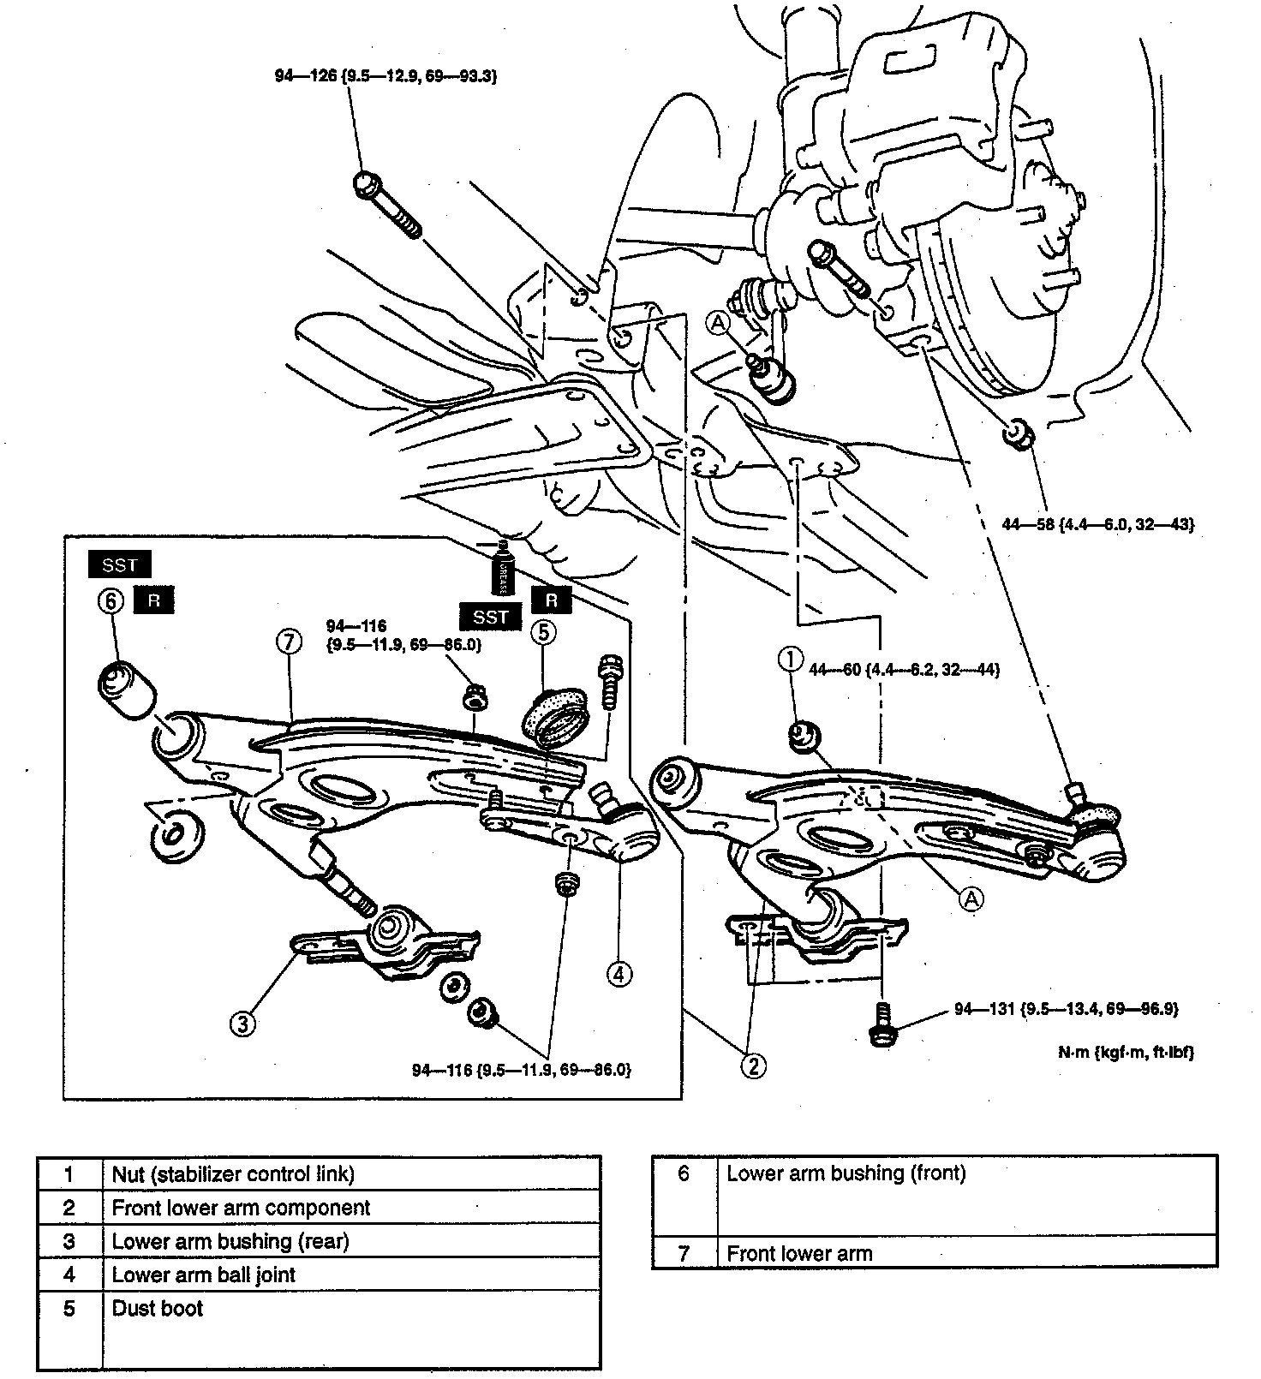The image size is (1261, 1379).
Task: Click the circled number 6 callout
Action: [x=111, y=601]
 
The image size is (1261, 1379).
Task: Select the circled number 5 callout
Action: [x=543, y=633]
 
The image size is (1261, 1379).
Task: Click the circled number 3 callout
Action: [x=243, y=1023]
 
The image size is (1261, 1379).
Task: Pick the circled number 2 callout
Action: [x=754, y=1066]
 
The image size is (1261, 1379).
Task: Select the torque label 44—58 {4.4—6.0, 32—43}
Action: [x=1097, y=523]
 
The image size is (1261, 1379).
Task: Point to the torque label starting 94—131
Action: [x=1066, y=1009]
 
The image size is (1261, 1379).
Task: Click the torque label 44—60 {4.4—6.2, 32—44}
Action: [x=904, y=669]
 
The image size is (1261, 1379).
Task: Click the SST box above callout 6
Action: [x=120, y=565]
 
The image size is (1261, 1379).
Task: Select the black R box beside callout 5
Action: [x=551, y=600]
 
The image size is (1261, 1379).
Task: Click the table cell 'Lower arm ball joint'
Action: [x=204, y=1275]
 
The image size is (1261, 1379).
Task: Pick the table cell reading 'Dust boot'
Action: [x=158, y=1308]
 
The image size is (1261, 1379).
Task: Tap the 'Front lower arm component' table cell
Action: [x=241, y=1208]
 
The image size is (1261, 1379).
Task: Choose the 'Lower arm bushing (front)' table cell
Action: [x=846, y=1173]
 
